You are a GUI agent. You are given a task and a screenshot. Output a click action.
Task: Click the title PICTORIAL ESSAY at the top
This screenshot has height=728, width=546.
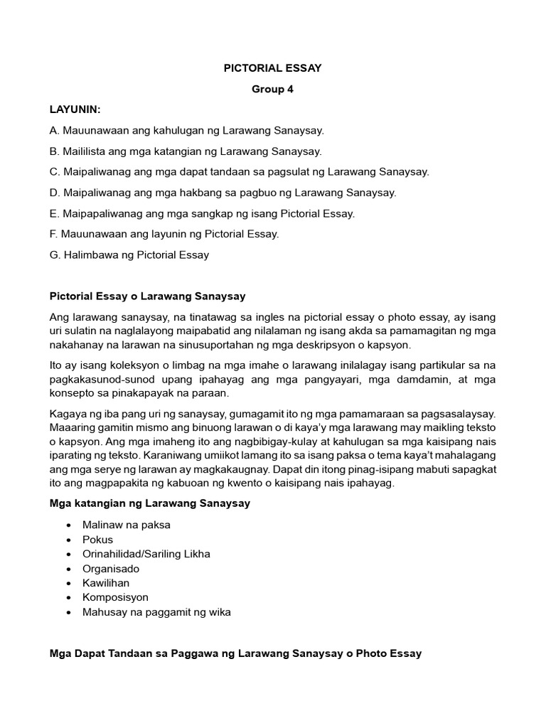272,68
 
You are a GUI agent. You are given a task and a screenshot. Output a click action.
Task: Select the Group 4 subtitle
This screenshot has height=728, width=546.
272,90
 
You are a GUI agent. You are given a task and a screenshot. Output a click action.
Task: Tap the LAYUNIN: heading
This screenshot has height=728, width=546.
75,110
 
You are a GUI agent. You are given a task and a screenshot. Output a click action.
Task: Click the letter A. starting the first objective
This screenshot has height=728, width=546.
55,131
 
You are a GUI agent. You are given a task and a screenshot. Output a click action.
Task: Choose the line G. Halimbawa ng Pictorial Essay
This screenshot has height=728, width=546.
129,255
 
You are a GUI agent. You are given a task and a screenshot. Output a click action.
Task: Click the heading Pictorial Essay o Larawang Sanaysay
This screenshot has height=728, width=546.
147,296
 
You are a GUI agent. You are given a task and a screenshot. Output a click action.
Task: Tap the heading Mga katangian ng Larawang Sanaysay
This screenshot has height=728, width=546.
149,504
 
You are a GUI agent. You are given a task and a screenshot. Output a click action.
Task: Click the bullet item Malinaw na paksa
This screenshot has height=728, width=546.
126,525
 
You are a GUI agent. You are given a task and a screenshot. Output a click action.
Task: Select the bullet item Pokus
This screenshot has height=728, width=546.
97,540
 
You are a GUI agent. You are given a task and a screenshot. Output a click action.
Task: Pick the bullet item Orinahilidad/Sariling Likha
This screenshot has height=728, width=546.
146,554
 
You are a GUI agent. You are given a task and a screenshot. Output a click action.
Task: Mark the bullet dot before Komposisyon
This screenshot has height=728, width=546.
68,598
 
